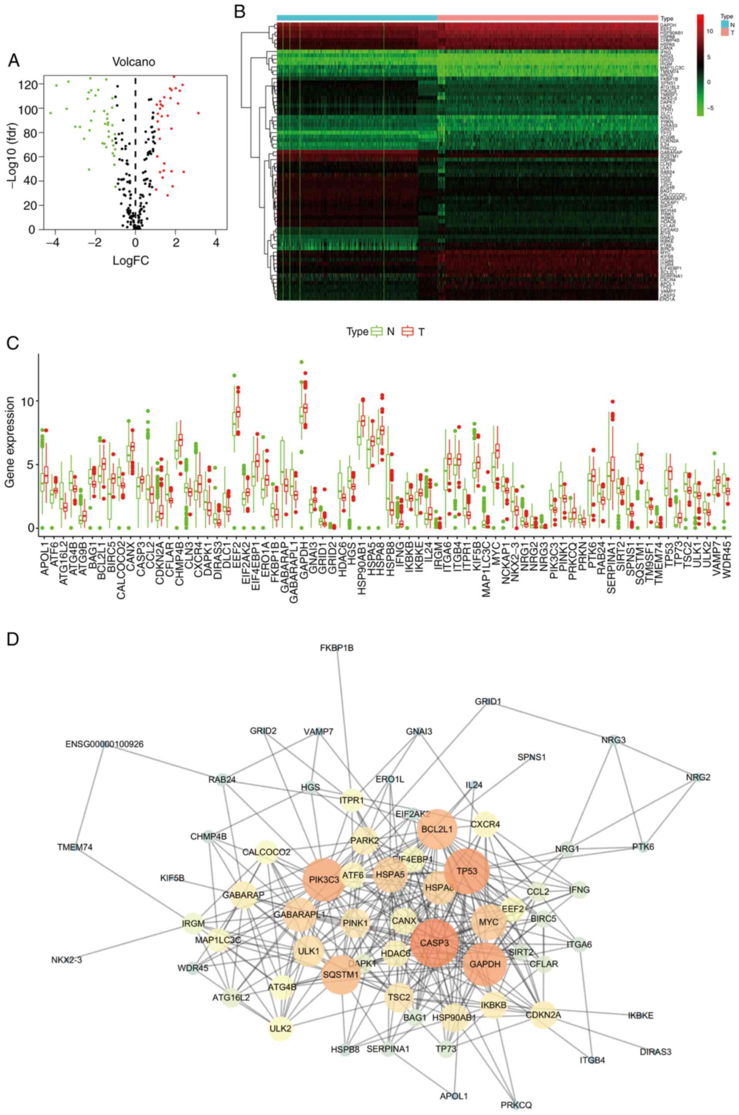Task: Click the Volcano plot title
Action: click(x=133, y=62)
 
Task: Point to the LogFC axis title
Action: click(x=131, y=260)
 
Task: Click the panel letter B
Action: click(x=240, y=10)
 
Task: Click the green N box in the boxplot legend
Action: click(x=377, y=332)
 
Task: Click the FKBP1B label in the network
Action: click(x=336, y=648)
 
